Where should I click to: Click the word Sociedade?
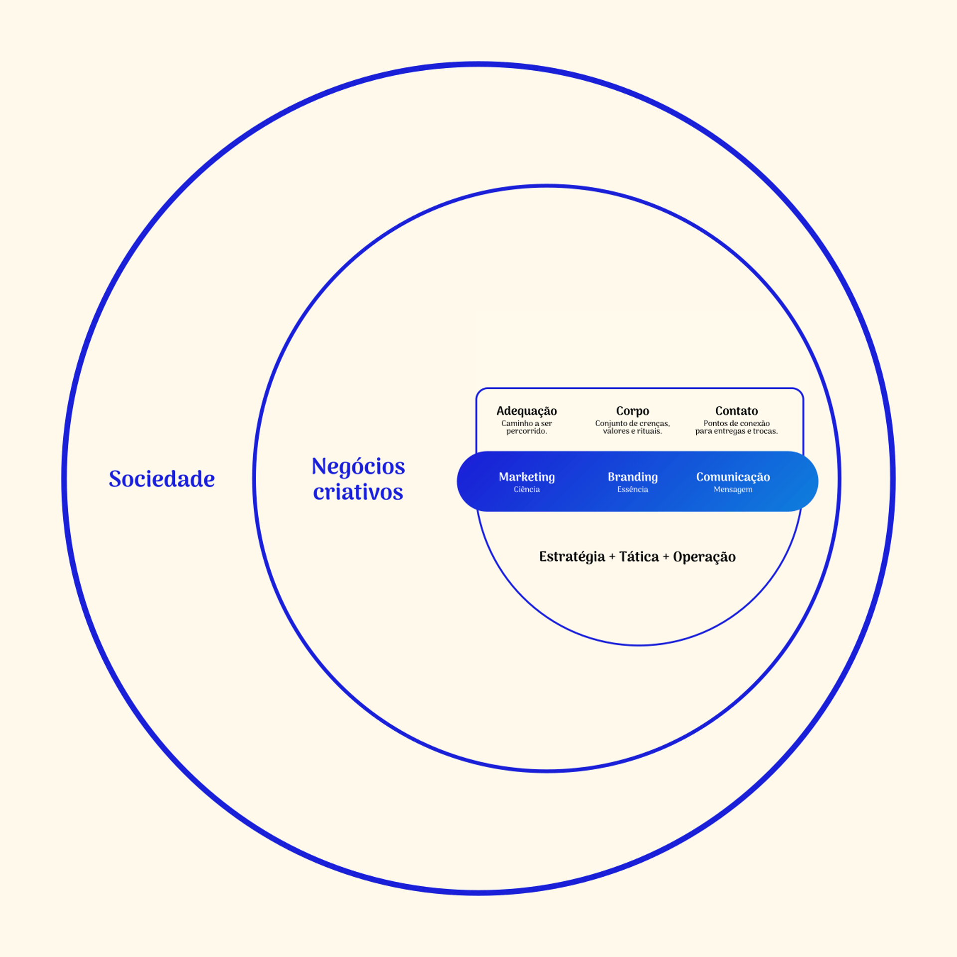pyautogui.click(x=162, y=478)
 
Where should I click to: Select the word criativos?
pyautogui.click(x=358, y=492)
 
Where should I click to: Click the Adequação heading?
pyautogui.click(x=527, y=411)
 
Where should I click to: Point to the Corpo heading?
pyautogui.click(x=633, y=411)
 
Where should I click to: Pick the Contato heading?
pyautogui.click(x=737, y=411)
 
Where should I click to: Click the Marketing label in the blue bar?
pyautogui.click(x=527, y=477)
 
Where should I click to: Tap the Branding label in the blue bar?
pyautogui.click(x=633, y=477)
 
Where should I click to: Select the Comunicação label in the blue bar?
pyautogui.click(x=733, y=477)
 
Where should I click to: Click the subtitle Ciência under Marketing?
pyautogui.click(x=527, y=489)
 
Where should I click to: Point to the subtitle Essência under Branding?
pyautogui.click(x=633, y=489)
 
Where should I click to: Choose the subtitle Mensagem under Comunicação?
pyautogui.click(x=733, y=490)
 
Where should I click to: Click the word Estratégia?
pyautogui.click(x=572, y=557)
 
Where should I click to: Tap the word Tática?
pyautogui.click(x=639, y=556)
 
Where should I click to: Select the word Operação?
pyautogui.click(x=704, y=557)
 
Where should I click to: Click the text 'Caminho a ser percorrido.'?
pyautogui.click(x=527, y=427)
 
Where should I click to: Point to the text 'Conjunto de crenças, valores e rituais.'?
pyautogui.click(x=633, y=427)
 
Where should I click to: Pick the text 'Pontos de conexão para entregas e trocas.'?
pyautogui.click(x=737, y=427)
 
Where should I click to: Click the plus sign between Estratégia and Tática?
pyautogui.click(x=612, y=557)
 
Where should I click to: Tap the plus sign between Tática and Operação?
pyautogui.click(x=666, y=557)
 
